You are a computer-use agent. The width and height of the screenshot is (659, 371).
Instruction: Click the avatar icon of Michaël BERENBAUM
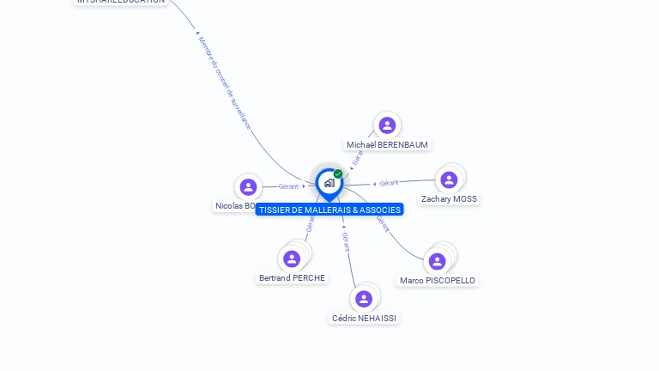pos(387,125)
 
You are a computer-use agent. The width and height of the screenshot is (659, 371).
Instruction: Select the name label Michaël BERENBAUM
pos(387,145)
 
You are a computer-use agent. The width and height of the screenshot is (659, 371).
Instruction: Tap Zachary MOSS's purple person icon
pos(449,179)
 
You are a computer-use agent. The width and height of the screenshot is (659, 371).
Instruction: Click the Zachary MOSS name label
pos(449,199)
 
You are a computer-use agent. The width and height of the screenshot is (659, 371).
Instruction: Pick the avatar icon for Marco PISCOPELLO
pos(438,261)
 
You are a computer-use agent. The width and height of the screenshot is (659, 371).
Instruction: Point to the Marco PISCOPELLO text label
pos(438,281)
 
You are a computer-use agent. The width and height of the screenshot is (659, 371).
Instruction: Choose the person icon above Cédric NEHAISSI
pos(364,299)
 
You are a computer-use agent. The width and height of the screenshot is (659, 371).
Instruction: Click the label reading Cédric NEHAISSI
pos(364,319)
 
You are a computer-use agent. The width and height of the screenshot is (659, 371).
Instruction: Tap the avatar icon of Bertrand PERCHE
pos(292,258)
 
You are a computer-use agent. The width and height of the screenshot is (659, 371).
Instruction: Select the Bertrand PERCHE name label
pos(292,278)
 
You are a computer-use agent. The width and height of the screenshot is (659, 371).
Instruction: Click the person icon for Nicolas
pos(248,186)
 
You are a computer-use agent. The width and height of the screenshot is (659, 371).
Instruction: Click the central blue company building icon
pos(329,183)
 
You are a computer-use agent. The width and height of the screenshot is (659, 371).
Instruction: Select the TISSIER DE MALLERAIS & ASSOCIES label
pos(329,210)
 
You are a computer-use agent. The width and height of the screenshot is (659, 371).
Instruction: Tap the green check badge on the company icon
pos(338,173)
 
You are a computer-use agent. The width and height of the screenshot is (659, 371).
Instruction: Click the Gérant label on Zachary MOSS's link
pos(389,183)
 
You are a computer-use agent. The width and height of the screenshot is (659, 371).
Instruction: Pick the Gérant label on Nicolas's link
pos(288,186)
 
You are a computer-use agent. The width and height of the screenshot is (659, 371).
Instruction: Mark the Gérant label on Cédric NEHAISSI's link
pos(346,241)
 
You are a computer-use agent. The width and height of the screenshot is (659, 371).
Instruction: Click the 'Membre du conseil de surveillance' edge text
pos(224,82)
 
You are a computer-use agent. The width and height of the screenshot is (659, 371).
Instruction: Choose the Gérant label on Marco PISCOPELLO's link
pos(383,223)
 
